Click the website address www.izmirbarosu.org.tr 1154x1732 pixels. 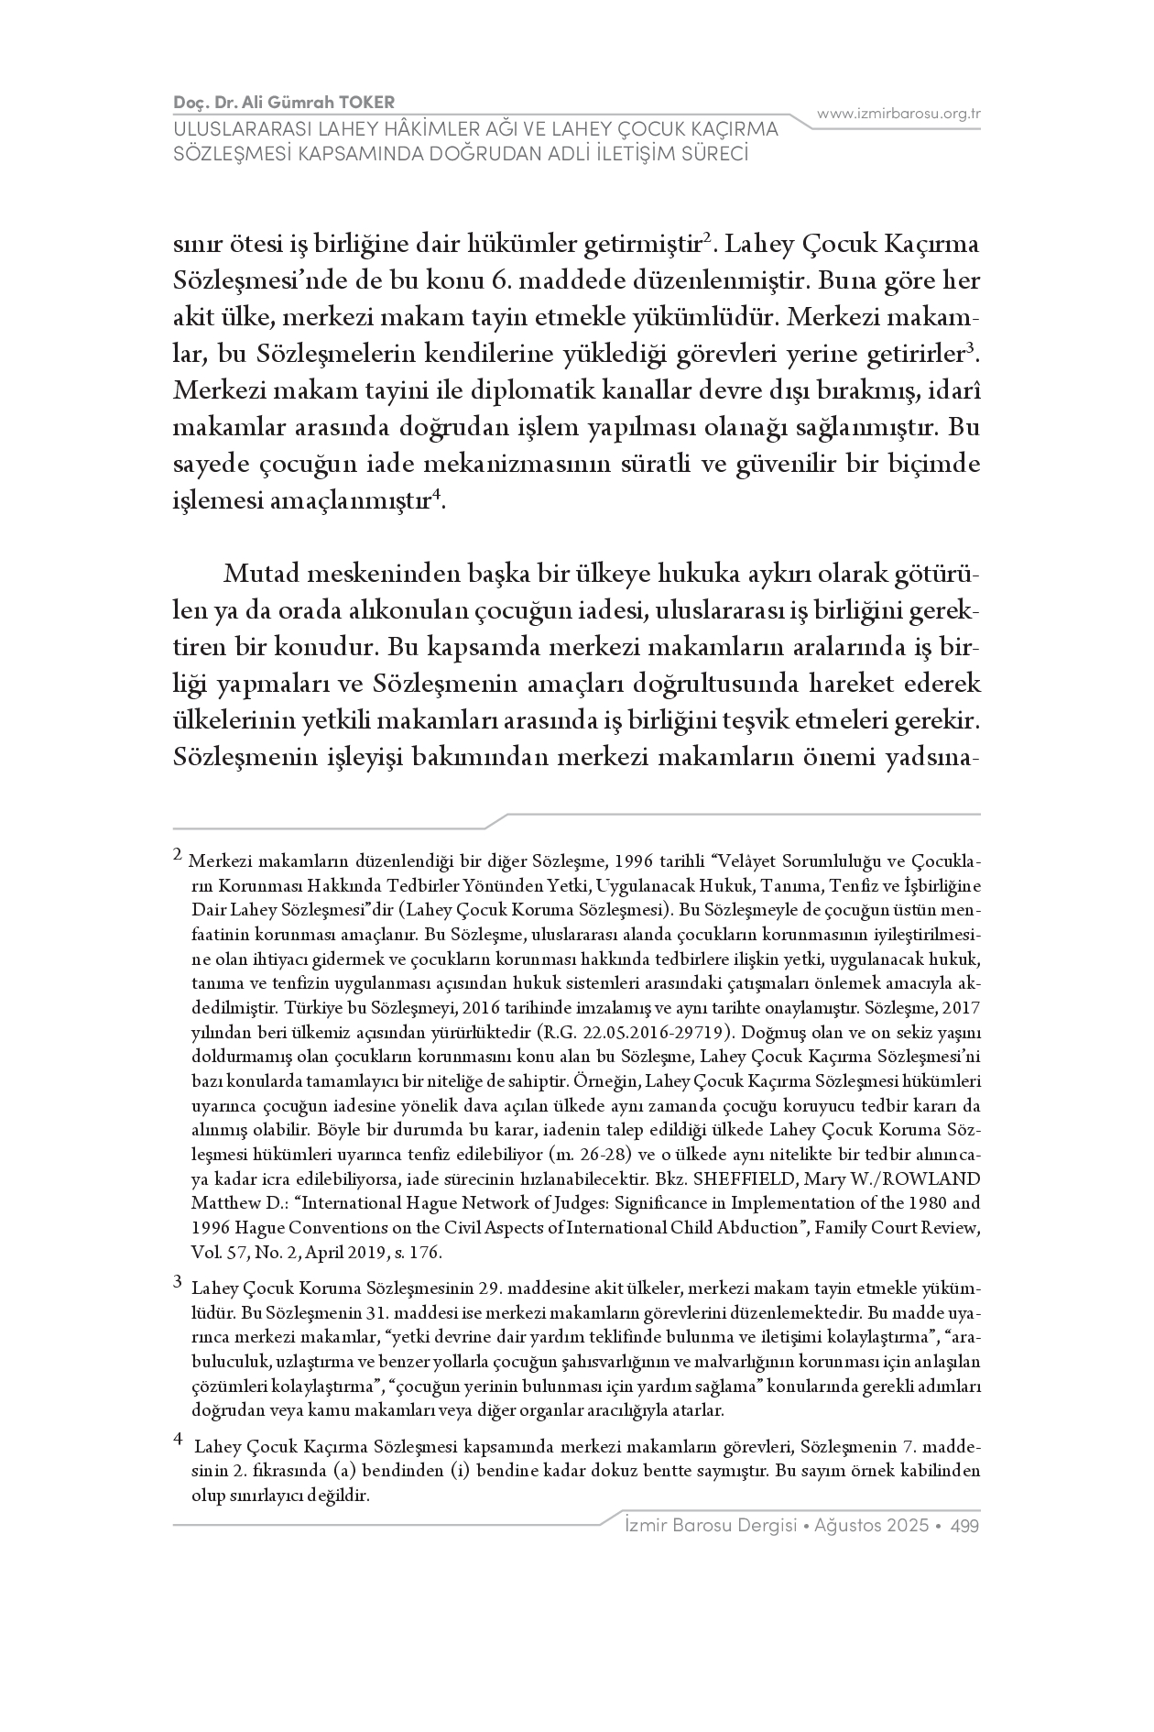click(899, 114)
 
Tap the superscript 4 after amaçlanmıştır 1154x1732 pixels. click(437, 495)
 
